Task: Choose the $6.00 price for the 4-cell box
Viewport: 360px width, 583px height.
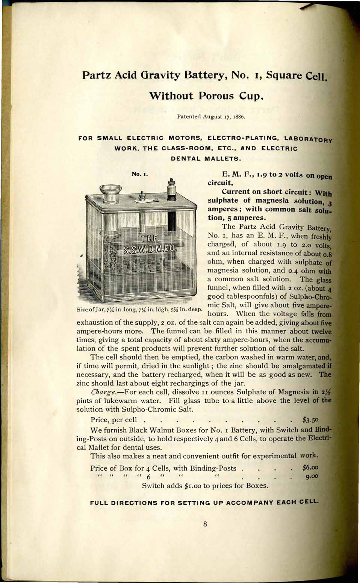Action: click(310, 468)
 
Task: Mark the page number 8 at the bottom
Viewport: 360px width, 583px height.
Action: click(205, 524)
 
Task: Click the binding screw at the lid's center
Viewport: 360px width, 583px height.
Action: click(142, 196)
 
